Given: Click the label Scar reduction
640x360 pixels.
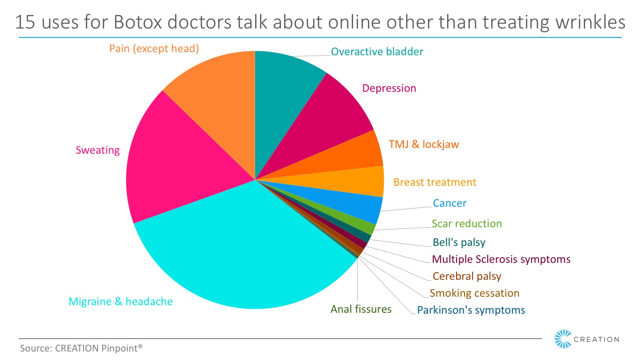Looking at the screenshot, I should pos(466,224).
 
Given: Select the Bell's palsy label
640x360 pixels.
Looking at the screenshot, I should pos(459,243).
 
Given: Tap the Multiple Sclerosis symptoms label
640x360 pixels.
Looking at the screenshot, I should pos(501,259).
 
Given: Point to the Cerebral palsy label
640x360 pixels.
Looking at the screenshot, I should pos(467,276).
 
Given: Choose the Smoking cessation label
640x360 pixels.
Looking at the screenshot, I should pos(474,293).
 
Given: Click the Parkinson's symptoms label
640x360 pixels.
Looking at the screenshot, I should pos(471,310).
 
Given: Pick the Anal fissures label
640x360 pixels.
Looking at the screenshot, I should pos(361,309).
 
